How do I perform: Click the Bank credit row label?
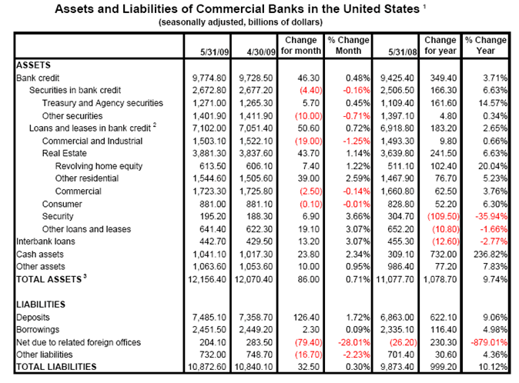pyautogui.click(x=38, y=78)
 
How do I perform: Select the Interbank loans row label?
pyautogui.click(x=45, y=240)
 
